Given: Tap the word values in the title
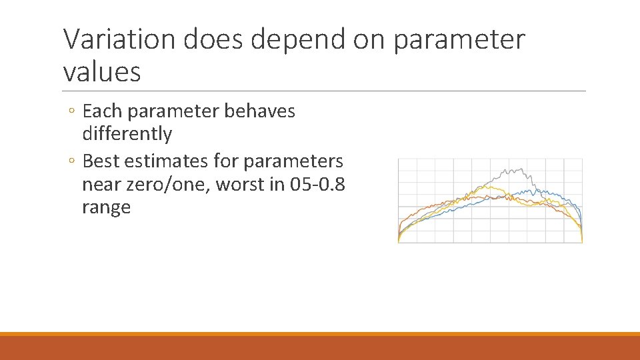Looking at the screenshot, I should (x=102, y=71).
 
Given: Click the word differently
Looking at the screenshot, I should (x=127, y=134).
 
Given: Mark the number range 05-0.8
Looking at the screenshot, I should (x=318, y=184).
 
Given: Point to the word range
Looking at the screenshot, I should (x=106, y=207).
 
